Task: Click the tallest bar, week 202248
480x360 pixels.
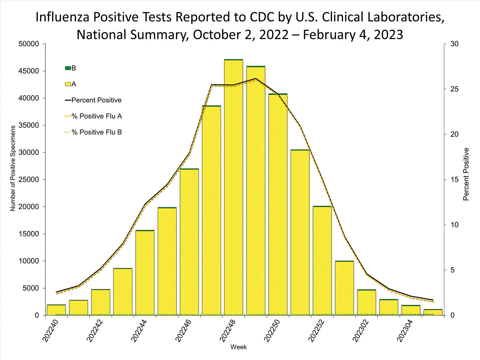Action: point(233,187)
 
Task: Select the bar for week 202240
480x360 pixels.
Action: point(56,310)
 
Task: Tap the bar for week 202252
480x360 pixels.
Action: point(322,261)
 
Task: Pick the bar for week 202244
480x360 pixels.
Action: point(145,273)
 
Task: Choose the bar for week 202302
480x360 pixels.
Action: point(366,302)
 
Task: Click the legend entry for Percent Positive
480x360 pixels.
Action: point(96,100)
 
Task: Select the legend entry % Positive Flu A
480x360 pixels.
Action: point(96,116)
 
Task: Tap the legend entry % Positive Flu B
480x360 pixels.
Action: point(96,132)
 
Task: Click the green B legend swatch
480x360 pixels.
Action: point(68,68)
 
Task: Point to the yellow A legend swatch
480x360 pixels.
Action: point(68,84)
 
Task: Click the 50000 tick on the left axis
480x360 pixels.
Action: point(29,44)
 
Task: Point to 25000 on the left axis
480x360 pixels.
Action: point(29,180)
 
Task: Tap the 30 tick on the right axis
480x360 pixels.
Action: point(454,44)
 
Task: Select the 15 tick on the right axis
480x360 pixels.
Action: point(454,180)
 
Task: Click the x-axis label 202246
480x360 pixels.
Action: point(184,331)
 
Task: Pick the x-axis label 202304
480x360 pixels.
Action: point(405,331)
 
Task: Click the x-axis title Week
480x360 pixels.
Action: point(238,347)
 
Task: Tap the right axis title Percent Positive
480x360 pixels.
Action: point(466,174)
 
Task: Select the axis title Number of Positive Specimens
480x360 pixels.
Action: point(13,168)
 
